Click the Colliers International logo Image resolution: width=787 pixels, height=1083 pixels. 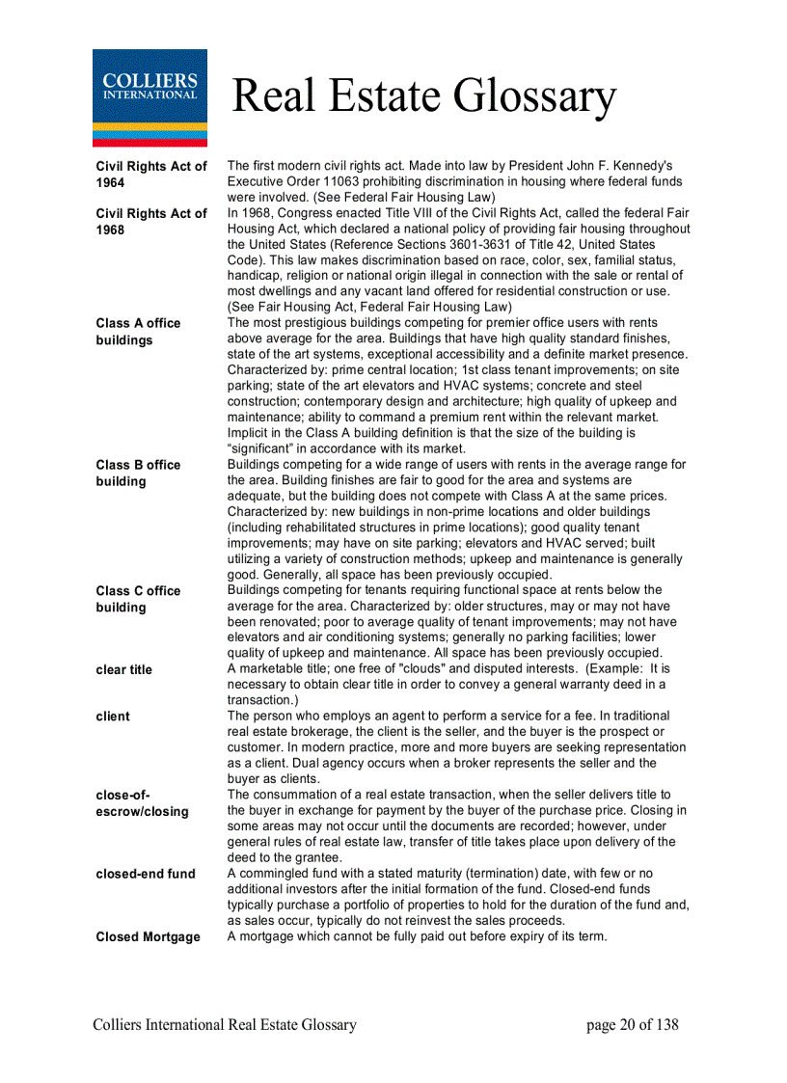149,97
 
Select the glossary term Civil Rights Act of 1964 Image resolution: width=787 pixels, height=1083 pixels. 151,175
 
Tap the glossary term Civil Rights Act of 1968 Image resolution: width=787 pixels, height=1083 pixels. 151,222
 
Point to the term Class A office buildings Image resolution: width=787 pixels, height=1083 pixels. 138,332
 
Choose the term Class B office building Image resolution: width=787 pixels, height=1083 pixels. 138,473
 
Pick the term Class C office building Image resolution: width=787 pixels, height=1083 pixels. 138,599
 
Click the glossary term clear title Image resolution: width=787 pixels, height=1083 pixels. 123,669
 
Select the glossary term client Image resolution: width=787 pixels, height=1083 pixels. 113,717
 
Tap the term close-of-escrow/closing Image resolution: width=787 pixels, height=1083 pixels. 142,803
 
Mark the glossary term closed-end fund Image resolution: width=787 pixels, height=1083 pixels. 146,874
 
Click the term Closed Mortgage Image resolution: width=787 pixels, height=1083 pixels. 148,936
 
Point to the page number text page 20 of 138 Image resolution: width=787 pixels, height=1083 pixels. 632,1025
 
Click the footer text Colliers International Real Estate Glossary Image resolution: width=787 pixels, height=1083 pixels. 225,1025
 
